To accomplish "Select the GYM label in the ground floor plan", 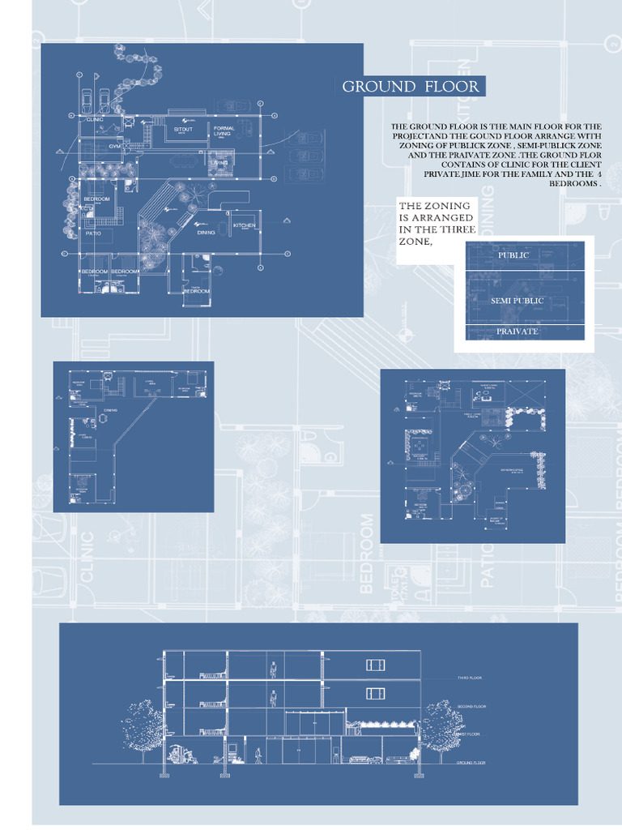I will pyautogui.click(x=114, y=146).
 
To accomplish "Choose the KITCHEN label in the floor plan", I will pyautogui.click(x=245, y=225).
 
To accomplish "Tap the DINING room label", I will pyautogui.click(x=206, y=232).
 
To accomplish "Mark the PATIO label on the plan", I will pyautogui.click(x=93, y=233).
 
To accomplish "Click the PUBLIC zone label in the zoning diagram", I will pyautogui.click(x=513, y=255).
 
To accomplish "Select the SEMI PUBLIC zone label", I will pyautogui.click(x=517, y=301).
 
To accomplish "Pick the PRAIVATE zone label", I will pyautogui.click(x=517, y=332).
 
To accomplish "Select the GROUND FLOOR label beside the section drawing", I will pyautogui.click(x=471, y=764).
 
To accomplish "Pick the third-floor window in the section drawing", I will pyautogui.click(x=375, y=665).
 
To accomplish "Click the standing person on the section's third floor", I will pyautogui.click(x=274, y=669).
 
